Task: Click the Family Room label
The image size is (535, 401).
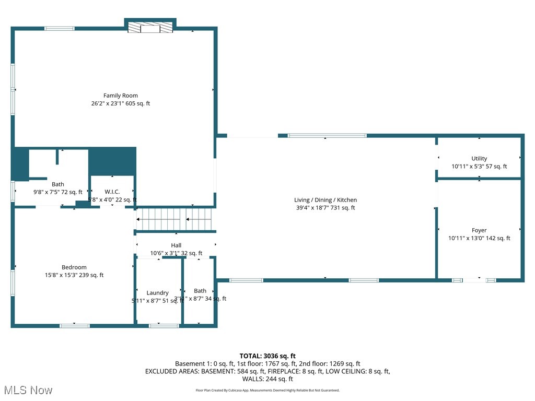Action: pyautogui.click(x=120, y=96)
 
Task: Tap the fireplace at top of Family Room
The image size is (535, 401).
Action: pyautogui.click(x=150, y=28)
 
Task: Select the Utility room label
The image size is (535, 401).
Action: pyautogui.click(x=479, y=159)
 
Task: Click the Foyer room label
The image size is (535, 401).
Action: pyautogui.click(x=479, y=230)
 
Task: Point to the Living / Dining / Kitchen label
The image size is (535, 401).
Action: pyautogui.click(x=325, y=200)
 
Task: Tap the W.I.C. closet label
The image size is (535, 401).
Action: pyautogui.click(x=112, y=192)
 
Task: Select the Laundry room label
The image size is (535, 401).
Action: pyautogui.click(x=157, y=293)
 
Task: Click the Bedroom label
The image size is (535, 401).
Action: pyautogui.click(x=74, y=267)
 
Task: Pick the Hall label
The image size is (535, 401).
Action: pyautogui.click(x=176, y=245)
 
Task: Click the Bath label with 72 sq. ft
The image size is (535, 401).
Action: pyautogui.click(x=58, y=184)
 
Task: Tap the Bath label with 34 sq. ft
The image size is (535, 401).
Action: pyautogui.click(x=200, y=291)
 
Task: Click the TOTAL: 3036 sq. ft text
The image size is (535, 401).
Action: pyautogui.click(x=267, y=356)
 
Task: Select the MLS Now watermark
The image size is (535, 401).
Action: pyautogui.click(x=28, y=390)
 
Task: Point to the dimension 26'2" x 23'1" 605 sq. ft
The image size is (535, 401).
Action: pyautogui.click(x=120, y=103)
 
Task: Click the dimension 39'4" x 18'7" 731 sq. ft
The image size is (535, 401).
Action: pyautogui.click(x=325, y=208)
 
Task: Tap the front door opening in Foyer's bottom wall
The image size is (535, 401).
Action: pyautogui.click(x=474, y=280)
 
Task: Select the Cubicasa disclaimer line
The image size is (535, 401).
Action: pyautogui.click(x=267, y=390)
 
